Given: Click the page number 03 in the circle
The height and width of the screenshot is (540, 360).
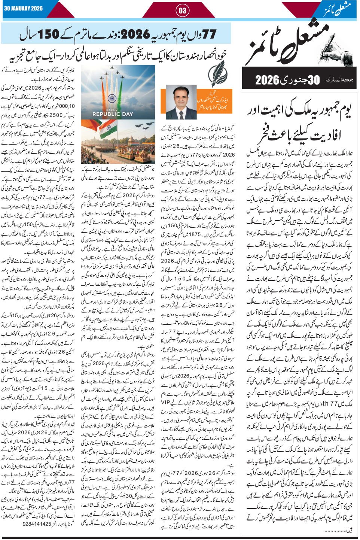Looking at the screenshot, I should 182,10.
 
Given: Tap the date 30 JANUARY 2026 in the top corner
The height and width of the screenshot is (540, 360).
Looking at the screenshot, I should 23,9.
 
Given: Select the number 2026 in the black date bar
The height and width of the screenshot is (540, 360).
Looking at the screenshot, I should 268,80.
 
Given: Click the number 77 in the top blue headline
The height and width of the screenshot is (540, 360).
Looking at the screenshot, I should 208,35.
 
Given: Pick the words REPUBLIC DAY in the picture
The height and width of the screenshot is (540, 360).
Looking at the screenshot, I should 113,114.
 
